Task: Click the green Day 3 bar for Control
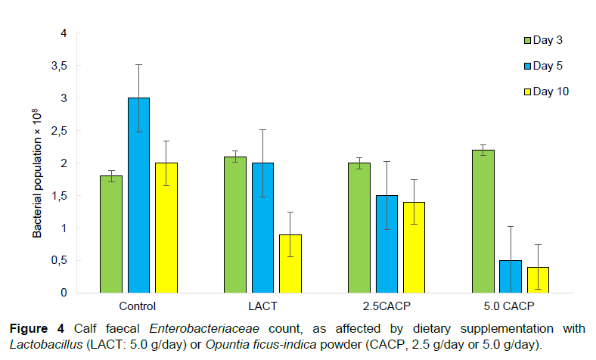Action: pos(111,234)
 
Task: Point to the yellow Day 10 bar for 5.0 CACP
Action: pos(538,279)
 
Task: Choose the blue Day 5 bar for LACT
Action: pos(262,227)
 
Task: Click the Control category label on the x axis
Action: pos(138,306)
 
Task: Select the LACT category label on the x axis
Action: pos(262,306)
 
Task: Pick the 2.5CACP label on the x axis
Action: pos(386,306)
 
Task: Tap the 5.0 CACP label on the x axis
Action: pos(511,306)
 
